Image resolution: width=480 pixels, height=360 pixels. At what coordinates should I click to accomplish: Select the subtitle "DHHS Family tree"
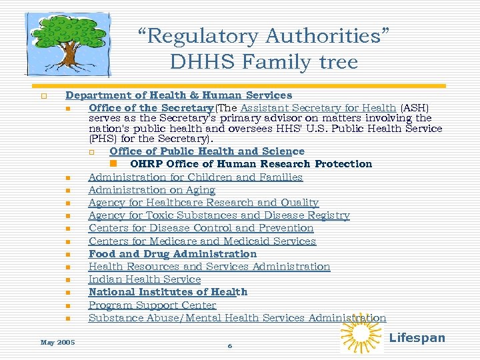264,62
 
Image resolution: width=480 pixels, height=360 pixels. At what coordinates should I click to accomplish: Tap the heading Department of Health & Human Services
178,95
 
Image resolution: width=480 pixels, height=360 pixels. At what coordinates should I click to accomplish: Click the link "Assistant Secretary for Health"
318,107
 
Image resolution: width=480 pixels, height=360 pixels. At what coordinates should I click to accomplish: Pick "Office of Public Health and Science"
207,151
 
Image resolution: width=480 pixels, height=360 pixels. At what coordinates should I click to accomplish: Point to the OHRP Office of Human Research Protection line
251,163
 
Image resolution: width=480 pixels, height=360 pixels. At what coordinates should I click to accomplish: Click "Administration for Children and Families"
195,177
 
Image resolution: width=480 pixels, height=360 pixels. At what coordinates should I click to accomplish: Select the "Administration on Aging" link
151,190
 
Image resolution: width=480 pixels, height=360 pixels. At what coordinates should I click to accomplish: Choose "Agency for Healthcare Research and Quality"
203,203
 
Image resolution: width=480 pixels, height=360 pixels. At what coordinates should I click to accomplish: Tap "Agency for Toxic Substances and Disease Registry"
219,215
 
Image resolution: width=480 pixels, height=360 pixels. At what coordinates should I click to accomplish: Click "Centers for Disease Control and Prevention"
201,228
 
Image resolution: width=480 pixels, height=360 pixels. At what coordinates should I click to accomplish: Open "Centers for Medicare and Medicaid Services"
202,241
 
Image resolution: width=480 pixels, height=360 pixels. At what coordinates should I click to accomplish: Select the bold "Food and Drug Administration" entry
172,253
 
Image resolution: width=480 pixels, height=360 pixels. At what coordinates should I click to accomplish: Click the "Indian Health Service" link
144,279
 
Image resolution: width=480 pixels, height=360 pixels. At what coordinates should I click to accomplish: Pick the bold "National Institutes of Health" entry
167,292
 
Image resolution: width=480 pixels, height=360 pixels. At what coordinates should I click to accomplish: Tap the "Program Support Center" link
152,305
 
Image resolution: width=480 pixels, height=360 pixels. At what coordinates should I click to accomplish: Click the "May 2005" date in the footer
57,342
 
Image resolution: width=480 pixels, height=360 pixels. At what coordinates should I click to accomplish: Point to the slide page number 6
229,345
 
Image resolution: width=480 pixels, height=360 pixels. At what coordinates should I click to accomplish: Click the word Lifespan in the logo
417,338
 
